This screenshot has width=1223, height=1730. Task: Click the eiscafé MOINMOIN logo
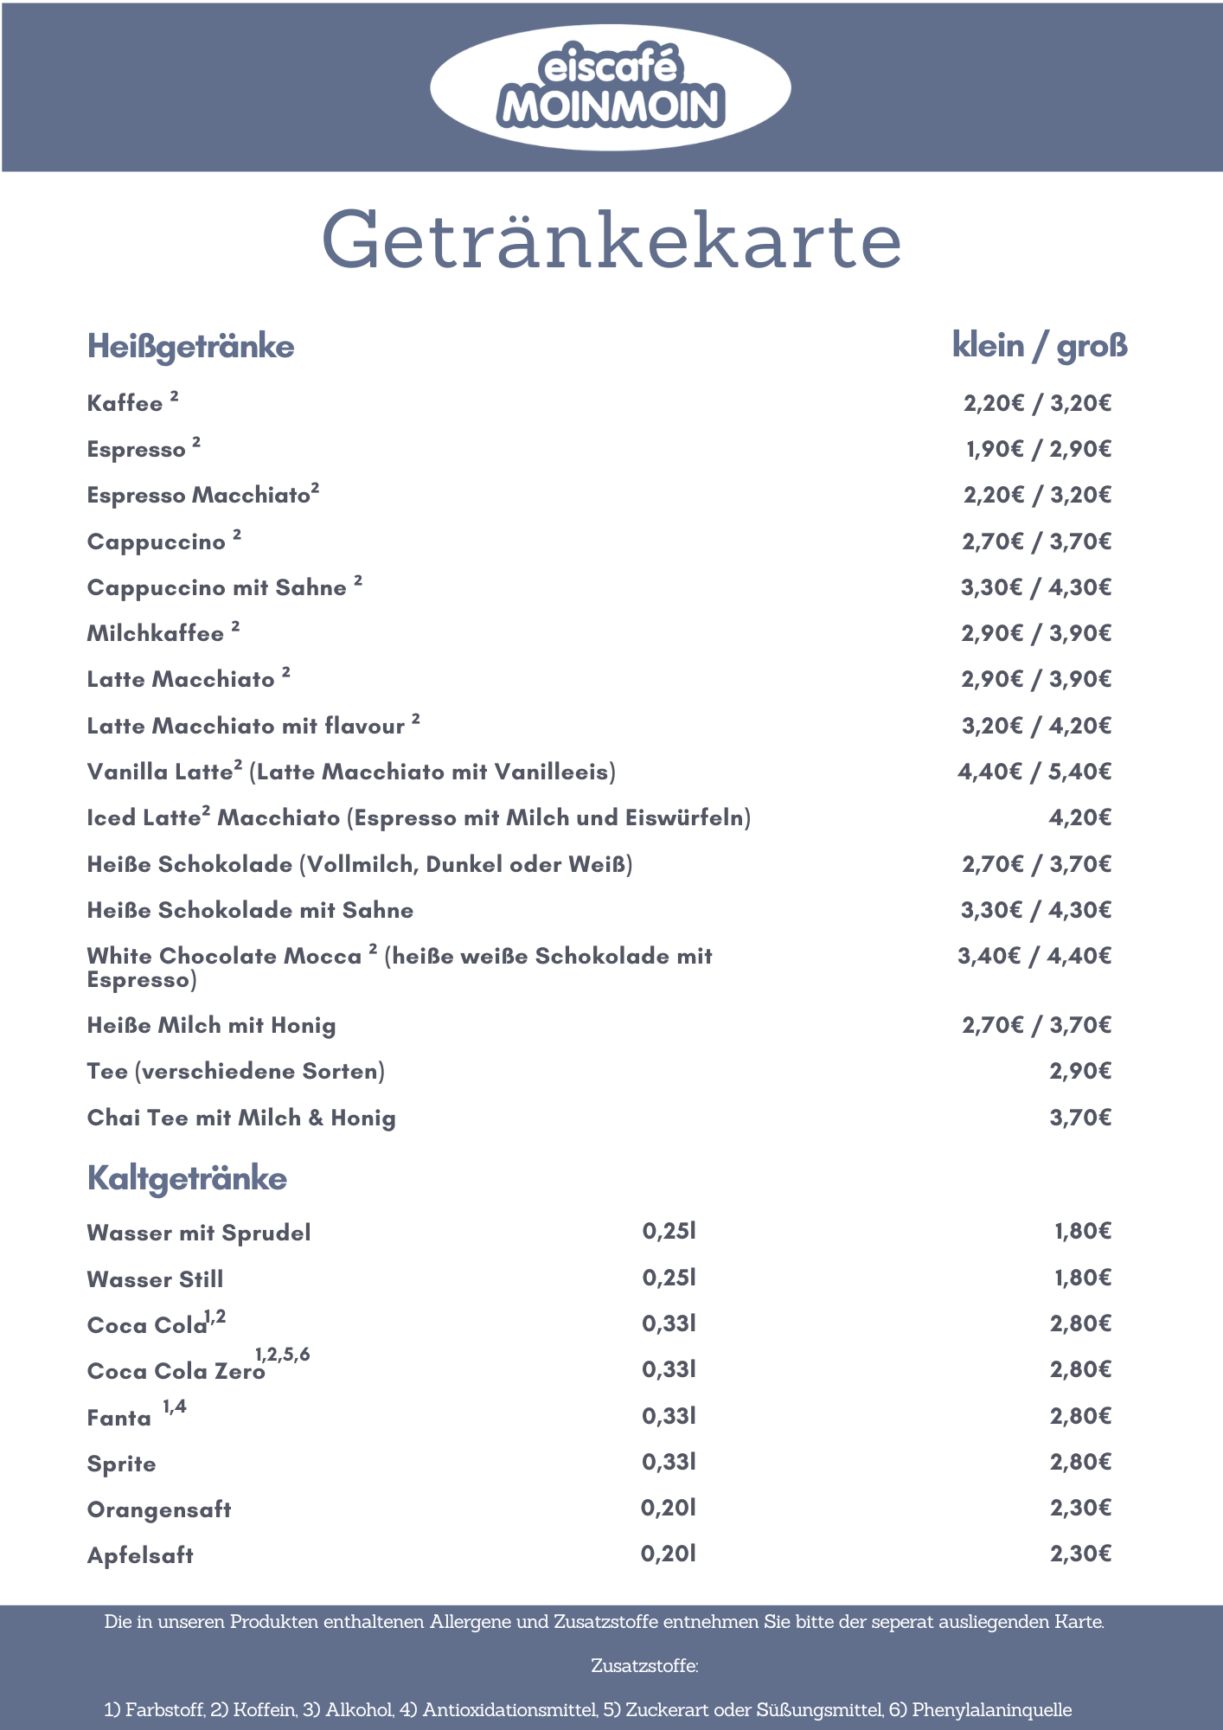[611, 87]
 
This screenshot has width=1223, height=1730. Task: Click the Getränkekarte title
[611, 240]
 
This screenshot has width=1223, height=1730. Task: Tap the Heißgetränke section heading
[190, 346]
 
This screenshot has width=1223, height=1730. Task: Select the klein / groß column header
[1040, 345]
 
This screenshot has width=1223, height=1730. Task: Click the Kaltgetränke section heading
[187, 1178]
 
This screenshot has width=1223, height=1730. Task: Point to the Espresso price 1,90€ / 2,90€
[1038, 449]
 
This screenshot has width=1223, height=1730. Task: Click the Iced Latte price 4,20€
[1079, 817]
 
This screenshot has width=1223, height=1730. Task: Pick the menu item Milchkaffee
[156, 634]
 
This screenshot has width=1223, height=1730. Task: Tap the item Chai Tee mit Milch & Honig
[241, 1118]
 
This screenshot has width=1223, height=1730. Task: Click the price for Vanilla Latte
[1034, 772]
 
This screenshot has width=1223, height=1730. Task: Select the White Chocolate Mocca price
[1034, 956]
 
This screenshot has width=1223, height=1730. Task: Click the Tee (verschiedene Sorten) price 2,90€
[1079, 1071]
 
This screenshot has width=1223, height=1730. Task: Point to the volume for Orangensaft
[668, 1509]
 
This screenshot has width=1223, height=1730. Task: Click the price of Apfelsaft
[1079, 1554]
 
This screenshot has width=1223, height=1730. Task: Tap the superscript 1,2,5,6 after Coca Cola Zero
[282, 1355]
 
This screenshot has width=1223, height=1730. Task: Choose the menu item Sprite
[122, 1464]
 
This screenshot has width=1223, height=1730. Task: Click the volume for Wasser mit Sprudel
[669, 1231]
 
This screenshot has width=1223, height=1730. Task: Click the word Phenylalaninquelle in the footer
[991, 1709]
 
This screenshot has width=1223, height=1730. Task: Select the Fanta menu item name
[119, 1418]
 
